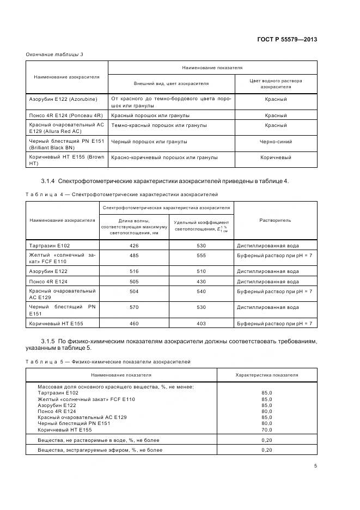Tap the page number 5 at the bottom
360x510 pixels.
[x=315, y=466]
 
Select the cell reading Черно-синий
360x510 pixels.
[x=276, y=142]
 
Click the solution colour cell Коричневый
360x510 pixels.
[x=276, y=157]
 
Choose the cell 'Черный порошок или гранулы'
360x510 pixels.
[x=149, y=142]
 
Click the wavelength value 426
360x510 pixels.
[x=134, y=246]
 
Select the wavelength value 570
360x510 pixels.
[x=134, y=307]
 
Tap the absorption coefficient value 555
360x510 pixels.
[x=201, y=256]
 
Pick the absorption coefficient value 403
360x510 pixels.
[x=201, y=324]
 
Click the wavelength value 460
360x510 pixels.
[x=134, y=324]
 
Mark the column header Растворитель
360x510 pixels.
[x=276, y=220]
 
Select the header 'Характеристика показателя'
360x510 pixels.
[x=267, y=375]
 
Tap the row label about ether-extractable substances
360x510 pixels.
[x=100, y=450]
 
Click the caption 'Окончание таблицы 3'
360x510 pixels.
[x=54, y=54]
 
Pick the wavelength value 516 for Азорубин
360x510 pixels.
[x=134, y=271]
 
